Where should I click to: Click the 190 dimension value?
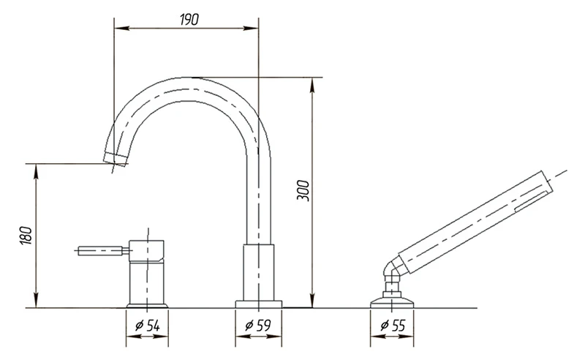(x=189, y=19)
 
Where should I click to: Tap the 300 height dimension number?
(x=303, y=191)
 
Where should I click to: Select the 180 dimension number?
(x=26, y=236)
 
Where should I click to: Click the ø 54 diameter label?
(x=148, y=326)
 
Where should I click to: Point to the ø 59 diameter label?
(x=258, y=326)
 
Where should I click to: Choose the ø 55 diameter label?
(x=393, y=326)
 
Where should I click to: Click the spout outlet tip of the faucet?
(x=116, y=158)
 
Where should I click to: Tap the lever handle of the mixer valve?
(x=100, y=250)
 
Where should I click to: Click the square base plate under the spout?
(x=258, y=304)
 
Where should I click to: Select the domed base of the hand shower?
(x=392, y=301)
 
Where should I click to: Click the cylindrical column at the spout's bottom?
(x=258, y=272)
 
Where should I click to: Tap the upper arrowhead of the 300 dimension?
(x=312, y=85)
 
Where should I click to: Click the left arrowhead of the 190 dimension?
(x=121, y=28)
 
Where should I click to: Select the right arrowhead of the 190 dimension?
(x=250, y=28)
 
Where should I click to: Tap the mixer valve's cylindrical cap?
(x=147, y=250)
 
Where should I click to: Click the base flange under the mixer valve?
(x=148, y=305)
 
